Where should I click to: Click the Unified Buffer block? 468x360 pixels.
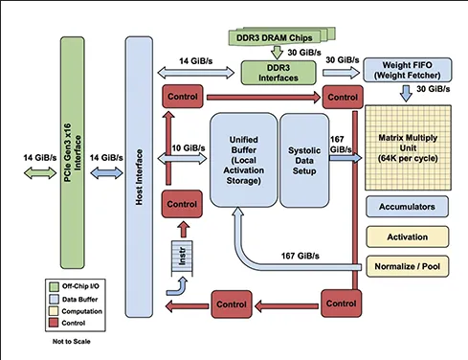click(241, 158)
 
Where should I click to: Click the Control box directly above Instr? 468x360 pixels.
click(182, 204)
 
